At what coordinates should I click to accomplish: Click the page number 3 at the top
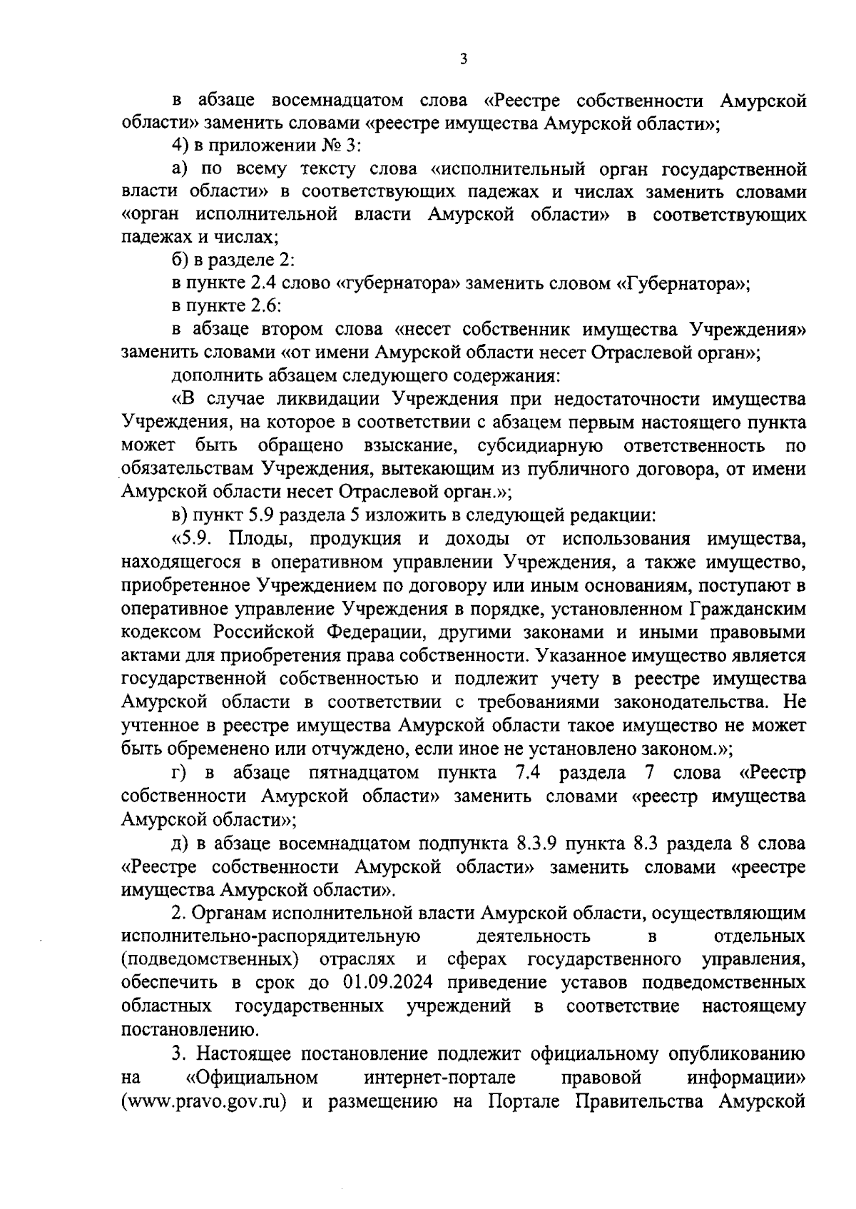pyautogui.click(x=464, y=59)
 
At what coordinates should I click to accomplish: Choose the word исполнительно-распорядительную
pyautogui.click(x=270, y=935)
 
